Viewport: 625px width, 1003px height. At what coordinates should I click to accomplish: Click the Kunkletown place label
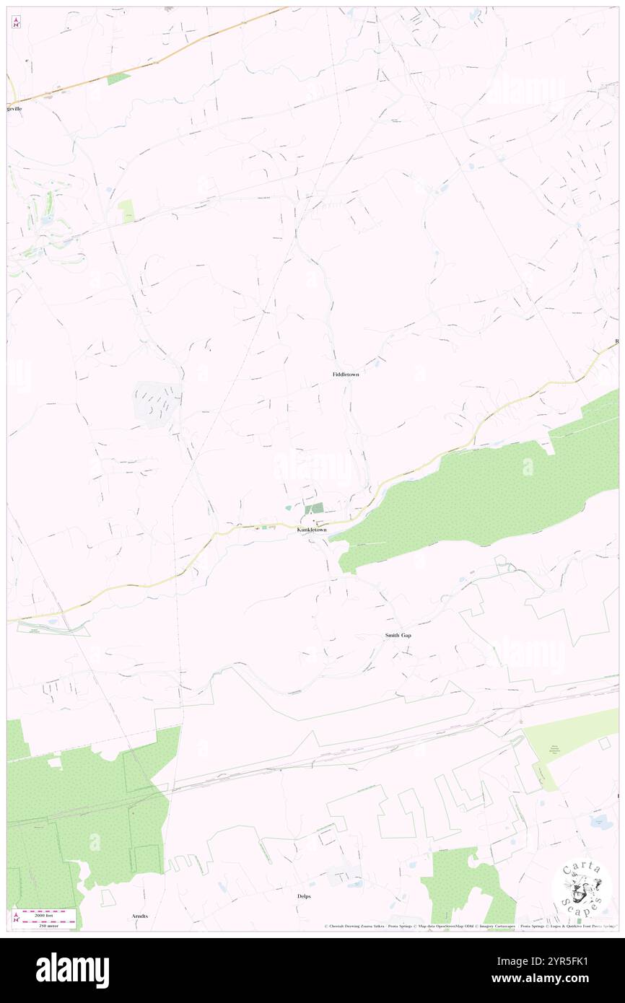point(312,530)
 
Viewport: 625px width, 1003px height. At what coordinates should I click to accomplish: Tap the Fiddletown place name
point(346,375)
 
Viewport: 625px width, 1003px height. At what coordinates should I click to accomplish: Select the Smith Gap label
point(398,635)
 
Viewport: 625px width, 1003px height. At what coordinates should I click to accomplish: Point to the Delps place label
point(304,895)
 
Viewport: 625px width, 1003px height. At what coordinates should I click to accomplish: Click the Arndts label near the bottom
point(140,916)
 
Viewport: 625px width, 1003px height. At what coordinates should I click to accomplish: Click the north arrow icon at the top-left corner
point(16,22)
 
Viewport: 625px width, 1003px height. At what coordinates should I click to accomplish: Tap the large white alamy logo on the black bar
point(72,970)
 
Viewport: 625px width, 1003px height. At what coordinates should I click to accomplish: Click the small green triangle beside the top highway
point(118,78)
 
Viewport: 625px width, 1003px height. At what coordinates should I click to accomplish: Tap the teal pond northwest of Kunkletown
point(289,507)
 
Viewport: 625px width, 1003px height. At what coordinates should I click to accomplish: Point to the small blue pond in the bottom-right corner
point(598,820)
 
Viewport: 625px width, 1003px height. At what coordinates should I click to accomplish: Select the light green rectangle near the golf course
point(127,210)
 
